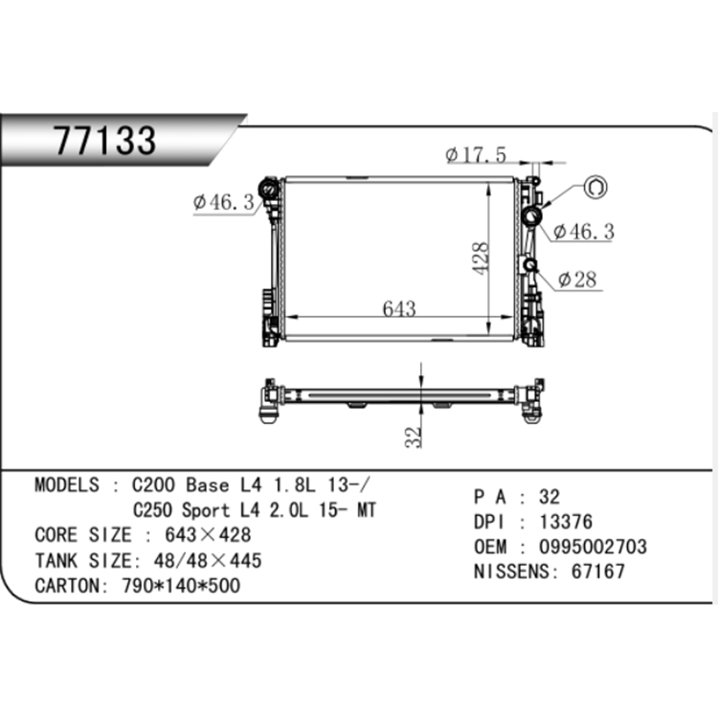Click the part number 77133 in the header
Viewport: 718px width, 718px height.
[105, 140]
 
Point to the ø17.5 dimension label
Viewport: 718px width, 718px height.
[476, 155]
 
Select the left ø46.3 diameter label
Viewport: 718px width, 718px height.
[223, 202]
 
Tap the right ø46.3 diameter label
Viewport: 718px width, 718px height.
[584, 232]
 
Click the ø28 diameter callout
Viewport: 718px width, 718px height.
[577, 280]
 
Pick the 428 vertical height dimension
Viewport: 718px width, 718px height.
[481, 258]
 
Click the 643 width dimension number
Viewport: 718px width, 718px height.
[399, 308]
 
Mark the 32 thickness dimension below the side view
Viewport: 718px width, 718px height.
[413, 437]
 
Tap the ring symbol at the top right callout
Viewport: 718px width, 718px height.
[595, 188]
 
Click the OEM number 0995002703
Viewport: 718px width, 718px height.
[593, 547]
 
